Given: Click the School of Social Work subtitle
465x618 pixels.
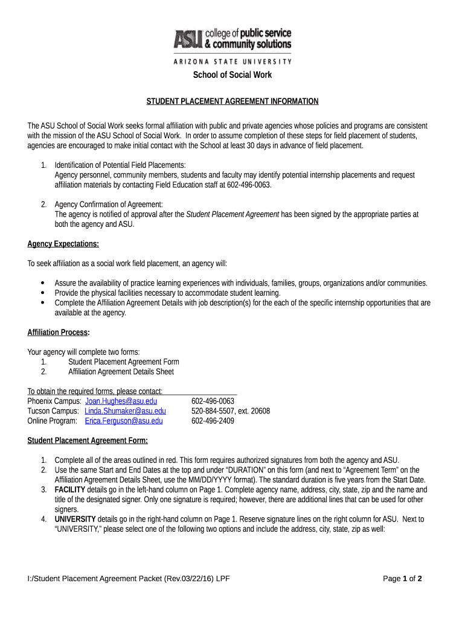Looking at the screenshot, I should click(232, 75).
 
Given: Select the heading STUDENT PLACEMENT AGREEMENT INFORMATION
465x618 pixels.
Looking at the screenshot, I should click(232, 101).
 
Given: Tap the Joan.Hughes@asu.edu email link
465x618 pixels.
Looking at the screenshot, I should click(121, 401).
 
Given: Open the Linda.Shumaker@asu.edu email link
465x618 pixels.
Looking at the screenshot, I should click(125, 411).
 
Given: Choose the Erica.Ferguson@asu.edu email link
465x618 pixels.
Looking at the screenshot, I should click(124, 421).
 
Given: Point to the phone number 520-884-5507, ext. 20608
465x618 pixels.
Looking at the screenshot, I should click(230, 411).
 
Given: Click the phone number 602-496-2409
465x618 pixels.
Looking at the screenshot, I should click(213, 421).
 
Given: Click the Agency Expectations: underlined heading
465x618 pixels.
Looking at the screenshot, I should click(63, 244).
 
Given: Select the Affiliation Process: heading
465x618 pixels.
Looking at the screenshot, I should click(59, 333).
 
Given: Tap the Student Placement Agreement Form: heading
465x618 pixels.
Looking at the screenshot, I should click(88, 440).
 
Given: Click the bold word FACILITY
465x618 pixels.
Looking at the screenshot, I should click(70, 489).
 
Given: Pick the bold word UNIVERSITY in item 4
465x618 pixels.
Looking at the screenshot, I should click(75, 519).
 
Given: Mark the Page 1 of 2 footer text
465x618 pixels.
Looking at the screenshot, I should click(402, 579).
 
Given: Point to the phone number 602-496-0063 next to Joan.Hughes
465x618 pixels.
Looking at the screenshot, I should click(213, 401).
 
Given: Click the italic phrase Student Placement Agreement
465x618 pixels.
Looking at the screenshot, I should click(232, 214).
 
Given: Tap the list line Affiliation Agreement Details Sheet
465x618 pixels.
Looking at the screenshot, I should click(121, 372).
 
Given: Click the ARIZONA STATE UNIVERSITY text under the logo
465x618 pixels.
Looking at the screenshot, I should click(232, 61).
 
